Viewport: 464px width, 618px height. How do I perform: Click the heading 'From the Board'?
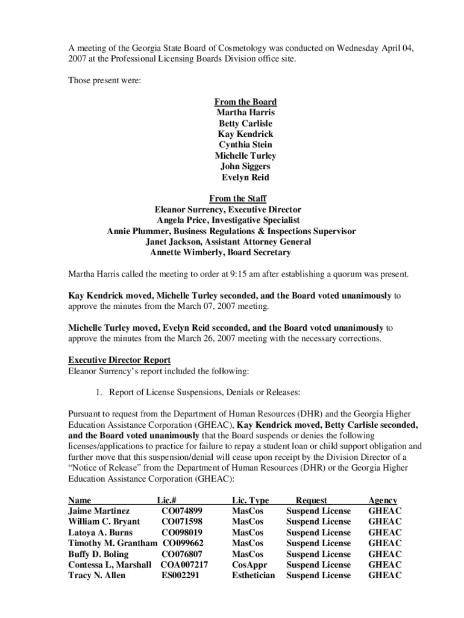(x=245, y=102)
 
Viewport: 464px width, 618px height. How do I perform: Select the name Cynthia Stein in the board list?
(x=245, y=145)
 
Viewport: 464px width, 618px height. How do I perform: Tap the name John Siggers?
(x=245, y=167)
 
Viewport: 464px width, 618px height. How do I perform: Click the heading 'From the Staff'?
(x=237, y=199)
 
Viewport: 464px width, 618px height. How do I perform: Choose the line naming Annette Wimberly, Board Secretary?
(x=221, y=253)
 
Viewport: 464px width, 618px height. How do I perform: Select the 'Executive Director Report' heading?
(x=119, y=360)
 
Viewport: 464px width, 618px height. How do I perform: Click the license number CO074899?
(x=182, y=511)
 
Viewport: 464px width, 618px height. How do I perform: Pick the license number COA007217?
(x=184, y=565)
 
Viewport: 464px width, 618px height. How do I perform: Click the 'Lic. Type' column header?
(x=250, y=500)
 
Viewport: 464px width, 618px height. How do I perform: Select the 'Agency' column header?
(x=383, y=500)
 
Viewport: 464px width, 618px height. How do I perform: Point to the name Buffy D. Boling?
(x=98, y=554)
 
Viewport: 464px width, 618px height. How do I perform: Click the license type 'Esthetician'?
(x=253, y=576)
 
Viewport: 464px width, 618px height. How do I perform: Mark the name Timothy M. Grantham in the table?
(x=113, y=543)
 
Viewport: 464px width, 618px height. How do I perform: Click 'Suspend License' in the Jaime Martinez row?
(x=318, y=511)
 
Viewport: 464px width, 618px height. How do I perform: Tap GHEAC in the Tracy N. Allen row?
(x=384, y=576)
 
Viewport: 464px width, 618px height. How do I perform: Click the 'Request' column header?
(x=312, y=500)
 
